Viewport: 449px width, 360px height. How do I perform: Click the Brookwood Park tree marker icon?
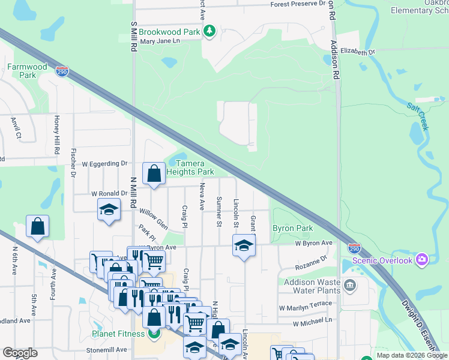(209, 31)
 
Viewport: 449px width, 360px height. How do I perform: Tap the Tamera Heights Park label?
(190, 168)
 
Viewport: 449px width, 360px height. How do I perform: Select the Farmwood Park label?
(27, 71)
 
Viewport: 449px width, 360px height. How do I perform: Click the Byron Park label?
(293, 229)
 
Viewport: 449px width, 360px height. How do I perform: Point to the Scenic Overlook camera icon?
(422, 260)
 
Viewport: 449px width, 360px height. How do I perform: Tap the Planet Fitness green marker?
(154, 334)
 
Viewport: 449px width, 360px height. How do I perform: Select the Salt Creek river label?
(418, 116)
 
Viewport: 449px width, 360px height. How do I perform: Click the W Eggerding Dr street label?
(105, 163)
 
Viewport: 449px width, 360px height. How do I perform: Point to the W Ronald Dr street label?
(109, 194)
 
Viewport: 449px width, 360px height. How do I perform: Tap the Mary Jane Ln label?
(160, 41)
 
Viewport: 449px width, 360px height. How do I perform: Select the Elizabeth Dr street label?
(357, 52)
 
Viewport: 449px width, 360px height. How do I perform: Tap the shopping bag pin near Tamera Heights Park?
(154, 174)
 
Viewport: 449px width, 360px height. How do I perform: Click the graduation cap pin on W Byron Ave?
(243, 245)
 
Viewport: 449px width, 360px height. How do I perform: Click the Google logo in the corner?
(20, 353)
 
